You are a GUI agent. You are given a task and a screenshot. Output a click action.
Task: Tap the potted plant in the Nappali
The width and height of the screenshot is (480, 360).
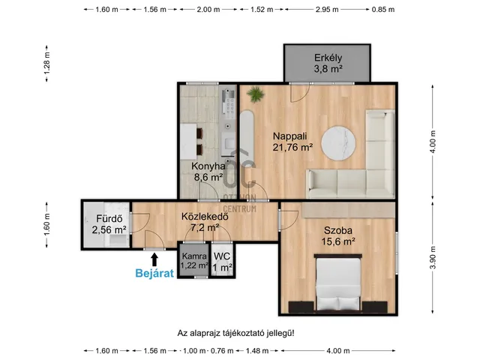(x=255, y=94)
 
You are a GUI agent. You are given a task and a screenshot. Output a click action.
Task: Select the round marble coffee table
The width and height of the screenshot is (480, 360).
(x=338, y=143)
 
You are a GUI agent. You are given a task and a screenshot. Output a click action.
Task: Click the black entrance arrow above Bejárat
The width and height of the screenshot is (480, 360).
(x=154, y=259)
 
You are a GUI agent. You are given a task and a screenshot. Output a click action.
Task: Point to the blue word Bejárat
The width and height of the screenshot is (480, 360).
(x=154, y=273)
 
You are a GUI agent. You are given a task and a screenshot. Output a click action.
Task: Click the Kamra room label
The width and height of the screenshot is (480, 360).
(x=194, y=256)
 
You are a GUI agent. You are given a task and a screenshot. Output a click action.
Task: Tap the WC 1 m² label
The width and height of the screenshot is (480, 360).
(x=222, y=262)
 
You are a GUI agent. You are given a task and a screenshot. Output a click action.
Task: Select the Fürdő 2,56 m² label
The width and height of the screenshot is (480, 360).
(x=109, y=224)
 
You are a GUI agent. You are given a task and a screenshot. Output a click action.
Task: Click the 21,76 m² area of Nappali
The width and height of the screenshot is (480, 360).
(x=292, y=147)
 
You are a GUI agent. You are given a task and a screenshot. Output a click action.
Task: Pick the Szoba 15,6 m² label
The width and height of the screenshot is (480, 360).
(x=338, y=235)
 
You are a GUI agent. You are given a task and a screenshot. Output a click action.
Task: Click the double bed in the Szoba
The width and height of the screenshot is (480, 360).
(x=338, y=283)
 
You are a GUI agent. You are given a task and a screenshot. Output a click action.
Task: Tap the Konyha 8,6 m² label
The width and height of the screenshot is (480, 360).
(x=208, y=172)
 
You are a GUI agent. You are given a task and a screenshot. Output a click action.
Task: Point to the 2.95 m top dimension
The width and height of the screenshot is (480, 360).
(x=327, y=10)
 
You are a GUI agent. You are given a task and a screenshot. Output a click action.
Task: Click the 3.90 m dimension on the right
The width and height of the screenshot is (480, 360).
(x=433, y=257)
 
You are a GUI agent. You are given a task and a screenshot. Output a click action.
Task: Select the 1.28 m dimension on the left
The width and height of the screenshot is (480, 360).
(x=46, y=63)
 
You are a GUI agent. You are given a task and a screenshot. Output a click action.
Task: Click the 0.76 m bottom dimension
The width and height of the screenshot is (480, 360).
(x=222, y=351)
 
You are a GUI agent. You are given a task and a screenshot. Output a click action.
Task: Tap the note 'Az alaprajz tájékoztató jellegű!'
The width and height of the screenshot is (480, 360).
(x=235, y=333)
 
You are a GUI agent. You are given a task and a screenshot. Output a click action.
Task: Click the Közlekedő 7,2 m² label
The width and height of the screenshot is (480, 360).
(x=205, y=222)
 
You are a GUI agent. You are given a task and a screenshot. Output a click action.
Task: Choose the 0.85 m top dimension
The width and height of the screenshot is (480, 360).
(x=383, y=10)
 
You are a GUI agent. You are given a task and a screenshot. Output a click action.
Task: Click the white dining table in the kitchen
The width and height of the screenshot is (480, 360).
(x=188, y=142)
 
